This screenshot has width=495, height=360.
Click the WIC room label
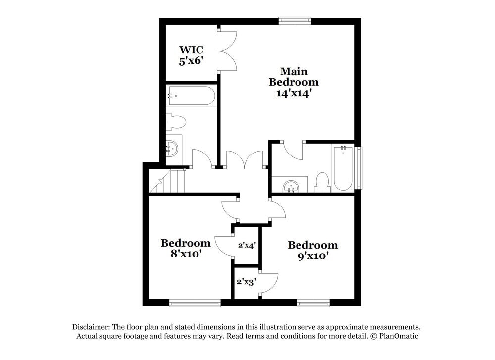point(191,50)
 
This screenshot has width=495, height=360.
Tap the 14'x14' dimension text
point(294,93)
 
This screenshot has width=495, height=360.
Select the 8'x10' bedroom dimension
point(186,253)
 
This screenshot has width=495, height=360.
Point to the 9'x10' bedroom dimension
point(312,256)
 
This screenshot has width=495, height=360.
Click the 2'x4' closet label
point(247,245)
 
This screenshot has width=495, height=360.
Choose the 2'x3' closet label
point(246,281)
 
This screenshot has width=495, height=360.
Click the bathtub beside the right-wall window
point(343,168)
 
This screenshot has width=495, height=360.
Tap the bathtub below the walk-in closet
point(191,96)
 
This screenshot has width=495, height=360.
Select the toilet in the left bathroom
point(176,122)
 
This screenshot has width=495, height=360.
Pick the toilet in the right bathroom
point(322,183)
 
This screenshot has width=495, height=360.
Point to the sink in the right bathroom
point(290,186)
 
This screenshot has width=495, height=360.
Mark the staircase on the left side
point(167,181)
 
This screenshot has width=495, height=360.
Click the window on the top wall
point(295,20)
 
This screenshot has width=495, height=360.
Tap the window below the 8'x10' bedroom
point(195,304)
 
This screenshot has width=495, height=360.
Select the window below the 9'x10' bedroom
point(313,304)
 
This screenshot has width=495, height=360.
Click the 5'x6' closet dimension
point(191,60)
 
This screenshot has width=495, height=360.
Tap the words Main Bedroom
point(294,77)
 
